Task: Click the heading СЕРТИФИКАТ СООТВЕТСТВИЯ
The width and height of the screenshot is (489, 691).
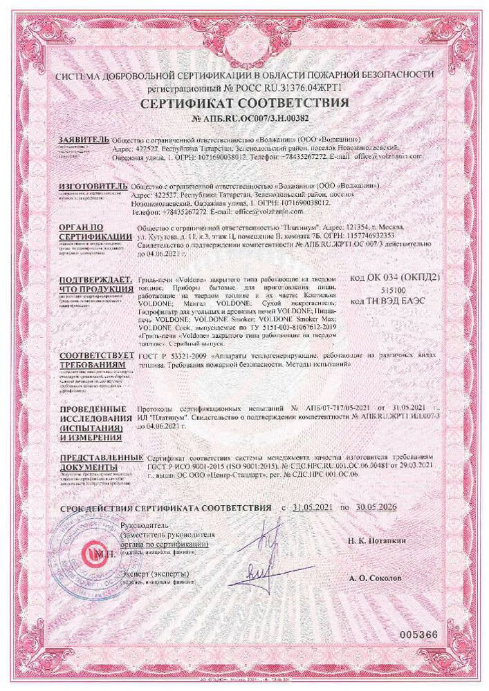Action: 245,104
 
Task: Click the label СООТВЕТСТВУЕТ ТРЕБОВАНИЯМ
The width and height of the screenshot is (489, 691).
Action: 94,358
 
